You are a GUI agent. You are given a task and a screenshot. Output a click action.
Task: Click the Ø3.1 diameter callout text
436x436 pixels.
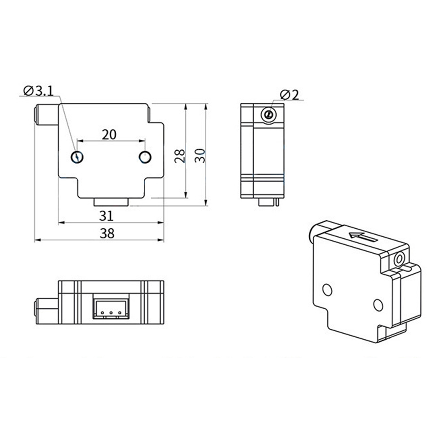pyautogui.click(x=38, y=91)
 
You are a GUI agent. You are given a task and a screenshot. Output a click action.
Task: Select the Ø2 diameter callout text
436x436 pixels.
pyautogui.click(x=289, y=95)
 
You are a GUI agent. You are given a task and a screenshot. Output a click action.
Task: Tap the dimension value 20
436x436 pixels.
pyautogui.click(x=109, y=135)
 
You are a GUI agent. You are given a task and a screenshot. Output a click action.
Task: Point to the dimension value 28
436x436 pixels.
pyautogui.click(x=180, y=156)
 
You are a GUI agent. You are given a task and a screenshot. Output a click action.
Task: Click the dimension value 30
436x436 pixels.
pyautogui.click(x=200, y=156)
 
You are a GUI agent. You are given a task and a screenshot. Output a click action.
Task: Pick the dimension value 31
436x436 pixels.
pyautogui.click(x=106, y=216)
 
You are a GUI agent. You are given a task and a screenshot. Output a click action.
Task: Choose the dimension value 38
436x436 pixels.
pyautogui.click(x=107, y=234)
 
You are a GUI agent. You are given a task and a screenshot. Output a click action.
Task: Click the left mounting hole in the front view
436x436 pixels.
pyautogui.click(x=77, y=157)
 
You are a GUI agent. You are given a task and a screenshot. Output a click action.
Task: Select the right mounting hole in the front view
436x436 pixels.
pyautogui.click(x=145, y=157)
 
